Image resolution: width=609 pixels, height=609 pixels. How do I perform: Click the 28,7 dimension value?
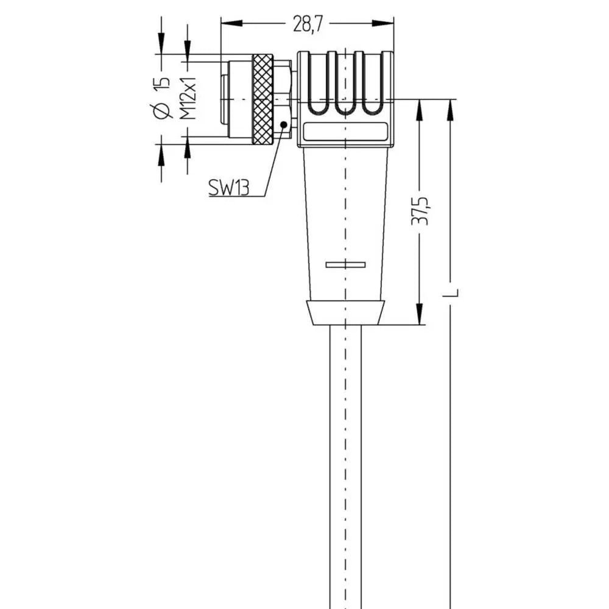pos(308,24)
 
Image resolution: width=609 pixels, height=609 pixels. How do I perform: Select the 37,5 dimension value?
pos(420,210)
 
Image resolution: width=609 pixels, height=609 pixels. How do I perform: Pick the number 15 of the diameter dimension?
pos(161,85)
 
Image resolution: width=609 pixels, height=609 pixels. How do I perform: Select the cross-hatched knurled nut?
pos(262,99)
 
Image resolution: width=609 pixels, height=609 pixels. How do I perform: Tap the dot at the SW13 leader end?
pos(283,124)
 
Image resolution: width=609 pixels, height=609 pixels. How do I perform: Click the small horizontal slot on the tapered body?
pos(345,264)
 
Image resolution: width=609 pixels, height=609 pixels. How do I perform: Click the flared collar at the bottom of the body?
pos(345,312)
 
